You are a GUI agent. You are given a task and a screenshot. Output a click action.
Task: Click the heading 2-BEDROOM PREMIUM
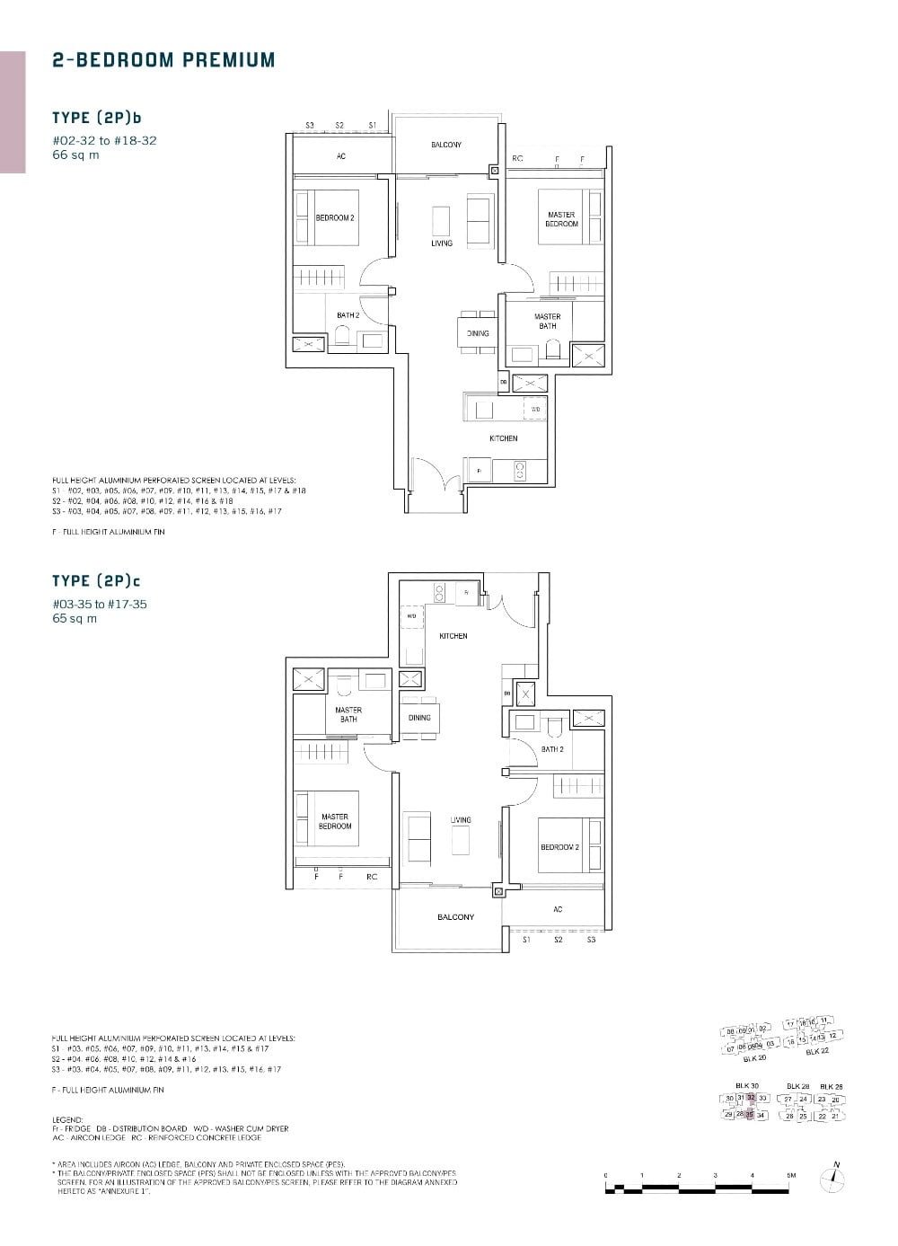coord(163,60)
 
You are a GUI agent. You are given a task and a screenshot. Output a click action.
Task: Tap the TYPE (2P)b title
coord(97,118)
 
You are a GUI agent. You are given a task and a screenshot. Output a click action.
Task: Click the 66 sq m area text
coord(75,155)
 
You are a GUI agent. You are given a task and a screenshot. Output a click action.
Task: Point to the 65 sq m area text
coord(75,618)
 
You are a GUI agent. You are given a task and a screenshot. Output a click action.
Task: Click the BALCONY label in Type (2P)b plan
coord(445,145)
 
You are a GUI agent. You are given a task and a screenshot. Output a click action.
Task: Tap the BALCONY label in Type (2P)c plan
coord(455,916)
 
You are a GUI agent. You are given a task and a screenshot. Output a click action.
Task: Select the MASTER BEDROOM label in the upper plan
coord(561,219)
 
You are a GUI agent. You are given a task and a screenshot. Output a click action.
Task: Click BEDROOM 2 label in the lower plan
coord(559,847)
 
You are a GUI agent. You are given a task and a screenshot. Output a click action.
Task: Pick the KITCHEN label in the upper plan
coord(503,438)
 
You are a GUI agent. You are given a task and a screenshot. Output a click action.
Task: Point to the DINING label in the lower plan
coord(419,718)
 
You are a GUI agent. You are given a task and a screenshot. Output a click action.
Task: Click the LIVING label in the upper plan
coord(441,243)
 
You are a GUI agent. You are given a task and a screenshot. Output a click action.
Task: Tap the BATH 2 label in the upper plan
coord(348,315)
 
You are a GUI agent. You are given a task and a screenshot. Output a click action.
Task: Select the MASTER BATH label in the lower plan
coord(348,714)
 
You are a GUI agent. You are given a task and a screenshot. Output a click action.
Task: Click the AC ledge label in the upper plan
coord(340,156)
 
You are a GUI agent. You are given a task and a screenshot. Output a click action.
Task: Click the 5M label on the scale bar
coord(791,1174)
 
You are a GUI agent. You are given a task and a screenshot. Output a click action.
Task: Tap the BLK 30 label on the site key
coord(747,1085)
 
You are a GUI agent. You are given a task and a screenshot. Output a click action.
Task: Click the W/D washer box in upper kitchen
coord(535,409)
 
